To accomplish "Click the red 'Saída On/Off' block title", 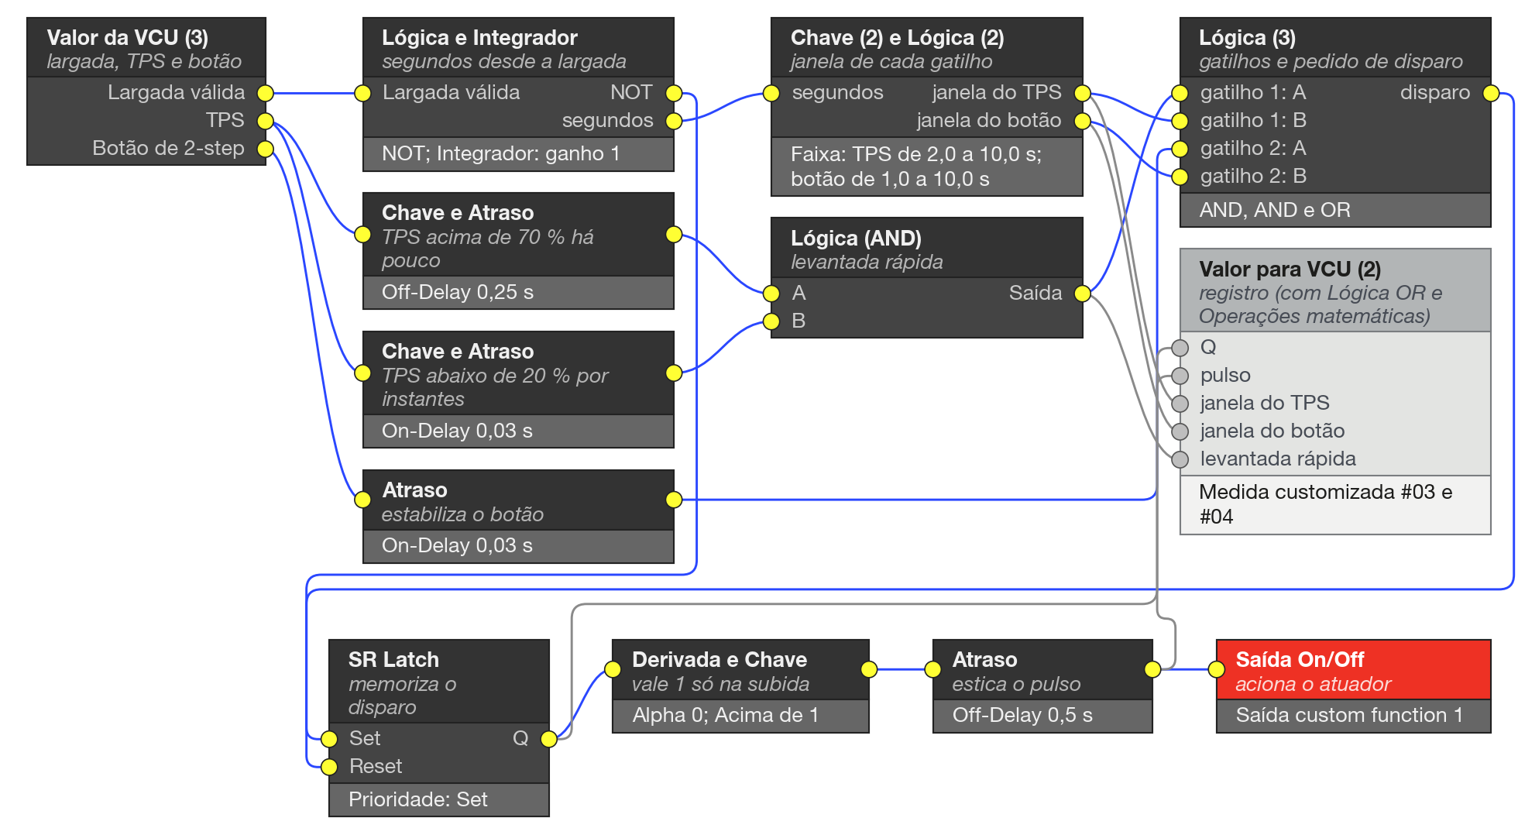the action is (x=1300, y=659).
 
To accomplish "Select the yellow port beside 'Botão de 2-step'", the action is (x=266, y=149).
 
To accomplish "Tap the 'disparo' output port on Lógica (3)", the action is (x=1491, y=93).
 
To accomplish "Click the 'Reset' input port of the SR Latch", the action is (x=329, y=767).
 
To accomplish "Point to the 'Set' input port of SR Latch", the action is (x=329, y=739).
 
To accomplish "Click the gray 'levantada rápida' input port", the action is (x=1180, y=459).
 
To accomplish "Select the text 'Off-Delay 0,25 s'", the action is (x=458, y=292).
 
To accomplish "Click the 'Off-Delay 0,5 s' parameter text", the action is (x=1022, y=715).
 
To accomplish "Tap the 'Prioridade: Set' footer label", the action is (x=418, y=799).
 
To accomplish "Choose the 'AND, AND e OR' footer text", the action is (x=1275, y=210).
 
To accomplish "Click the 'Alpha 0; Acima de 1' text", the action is (x=726, y=715).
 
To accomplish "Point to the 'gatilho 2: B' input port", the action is (x=1180, y=177).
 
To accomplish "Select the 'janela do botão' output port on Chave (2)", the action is (x=1083, y=121).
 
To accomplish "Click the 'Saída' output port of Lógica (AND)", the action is (x=1083, y=293).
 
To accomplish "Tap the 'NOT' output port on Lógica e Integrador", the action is (x=674, y=93).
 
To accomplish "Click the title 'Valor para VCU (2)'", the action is (x=1290, y=269).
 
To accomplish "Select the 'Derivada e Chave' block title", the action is (x=720, y=659).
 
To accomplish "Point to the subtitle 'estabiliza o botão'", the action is (x=462, y=514).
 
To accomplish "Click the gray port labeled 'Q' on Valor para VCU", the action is (x=1180, y=348).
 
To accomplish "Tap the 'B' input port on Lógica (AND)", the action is (x=771, y=321).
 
